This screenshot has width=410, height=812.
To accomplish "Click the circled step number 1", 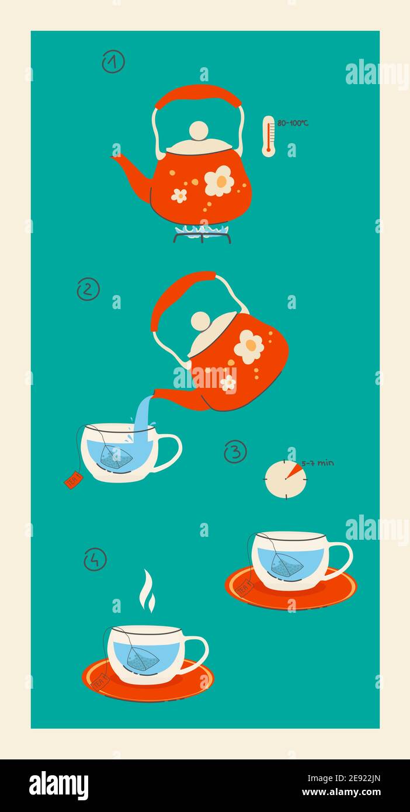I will (x=113, y=61).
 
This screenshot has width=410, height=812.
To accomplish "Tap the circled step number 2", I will (x=88, y=289).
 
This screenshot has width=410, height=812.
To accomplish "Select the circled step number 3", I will (x=235, y=452).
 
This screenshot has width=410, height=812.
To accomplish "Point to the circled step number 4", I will (x=95, y=559).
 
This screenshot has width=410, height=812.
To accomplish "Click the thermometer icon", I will (x=268, y=136).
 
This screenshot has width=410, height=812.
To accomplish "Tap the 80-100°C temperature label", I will (x=293, y=123).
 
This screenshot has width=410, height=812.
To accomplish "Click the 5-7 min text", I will (x=318, y=463).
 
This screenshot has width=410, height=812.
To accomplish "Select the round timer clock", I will (x=286, y=480).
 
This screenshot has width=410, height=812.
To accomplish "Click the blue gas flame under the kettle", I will (x=201, y=231).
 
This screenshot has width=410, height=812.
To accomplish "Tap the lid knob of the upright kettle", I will (x=199, y=130).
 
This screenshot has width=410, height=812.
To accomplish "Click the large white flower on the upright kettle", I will (x=220, y=181).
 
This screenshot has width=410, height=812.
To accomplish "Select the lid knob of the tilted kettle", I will (x=200, y=321).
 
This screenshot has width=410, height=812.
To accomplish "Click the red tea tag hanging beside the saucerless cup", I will (x=74, y=480).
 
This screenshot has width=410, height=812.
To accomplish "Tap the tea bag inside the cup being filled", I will (x=116, y=457).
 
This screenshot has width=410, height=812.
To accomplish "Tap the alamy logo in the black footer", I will (x=59, y=786).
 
